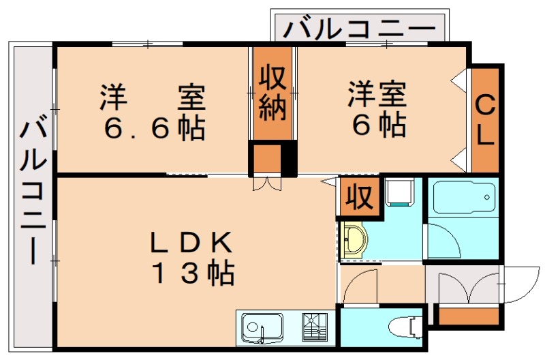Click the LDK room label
point(192,242)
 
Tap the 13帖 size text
point(192,273)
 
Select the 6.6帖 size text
point(154,127)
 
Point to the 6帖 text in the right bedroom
point(378,125)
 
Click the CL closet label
point(485,121)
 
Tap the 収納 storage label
point(272,93)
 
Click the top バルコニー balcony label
point(359,29)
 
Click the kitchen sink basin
point(257,327)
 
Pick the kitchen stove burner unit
point(314,327)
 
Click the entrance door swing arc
point(518,287)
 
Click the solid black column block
point(289,159)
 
